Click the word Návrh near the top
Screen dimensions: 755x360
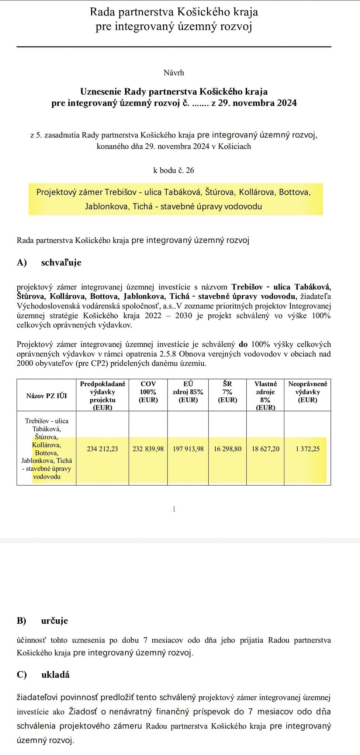coord(174,73)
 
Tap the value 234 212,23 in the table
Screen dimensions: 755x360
coord(103,449)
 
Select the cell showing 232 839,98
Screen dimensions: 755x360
coord(148,449)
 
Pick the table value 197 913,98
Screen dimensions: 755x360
coord(188,449)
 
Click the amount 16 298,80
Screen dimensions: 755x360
coord(228,449)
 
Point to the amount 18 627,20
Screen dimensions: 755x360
coord(266,449)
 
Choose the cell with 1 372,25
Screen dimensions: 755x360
coord(308,449)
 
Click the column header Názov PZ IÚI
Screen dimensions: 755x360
coord(46,396)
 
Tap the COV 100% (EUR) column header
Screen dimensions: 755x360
coord(148,392)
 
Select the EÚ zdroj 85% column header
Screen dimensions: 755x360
coord(188,392)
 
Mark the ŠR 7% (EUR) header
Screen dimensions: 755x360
coord(228,392)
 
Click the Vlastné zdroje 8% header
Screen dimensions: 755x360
coord(266,396)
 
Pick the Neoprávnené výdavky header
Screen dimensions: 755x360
coord(308,392)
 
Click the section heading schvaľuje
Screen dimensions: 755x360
coord(61,262)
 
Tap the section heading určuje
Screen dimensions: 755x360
coord(55,620)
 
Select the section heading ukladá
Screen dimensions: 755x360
coord(55,674)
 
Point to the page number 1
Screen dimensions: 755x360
coord(174,509)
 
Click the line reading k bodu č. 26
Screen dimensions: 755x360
coord(174,170)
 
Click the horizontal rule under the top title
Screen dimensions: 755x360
coord(174,47)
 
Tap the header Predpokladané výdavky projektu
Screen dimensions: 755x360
coord(103,396)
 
